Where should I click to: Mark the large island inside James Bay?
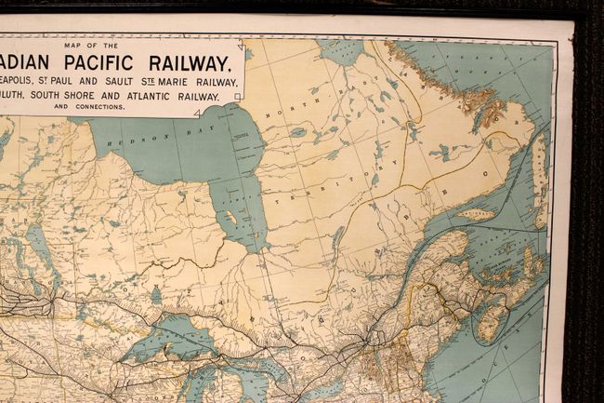pos(228,221)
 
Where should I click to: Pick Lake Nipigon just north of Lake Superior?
pos(155,296)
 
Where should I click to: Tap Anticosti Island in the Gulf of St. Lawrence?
pos(477,214)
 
